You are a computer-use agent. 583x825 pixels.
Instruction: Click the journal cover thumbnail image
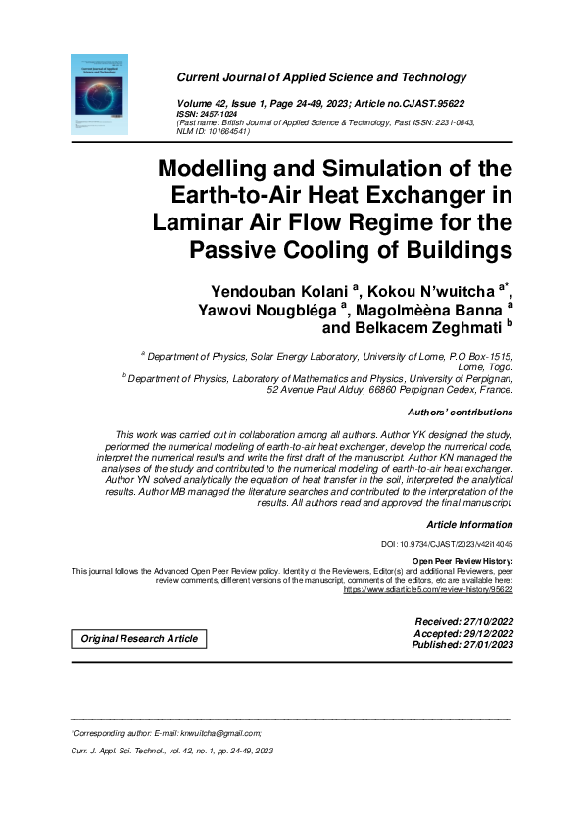pyautogui.click(x=100, y=94)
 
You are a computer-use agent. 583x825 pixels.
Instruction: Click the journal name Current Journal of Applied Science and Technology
pyautogui.click(x=321, y=77)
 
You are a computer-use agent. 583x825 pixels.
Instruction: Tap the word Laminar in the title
pyautogui.click(x=200, y=221)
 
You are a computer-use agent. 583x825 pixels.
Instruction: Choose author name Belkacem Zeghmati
pyautogui.click(x=421, y=328)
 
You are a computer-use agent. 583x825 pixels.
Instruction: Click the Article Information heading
pyautogui.click(x=469, y=525)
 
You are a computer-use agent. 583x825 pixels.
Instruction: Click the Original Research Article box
pyautogui.click(x=138, y=639)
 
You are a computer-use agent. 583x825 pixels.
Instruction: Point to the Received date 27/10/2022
pyautogui.click(x=474, y=622)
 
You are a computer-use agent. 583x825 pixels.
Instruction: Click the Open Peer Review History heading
pyautogui.click(x=462, y=560)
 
